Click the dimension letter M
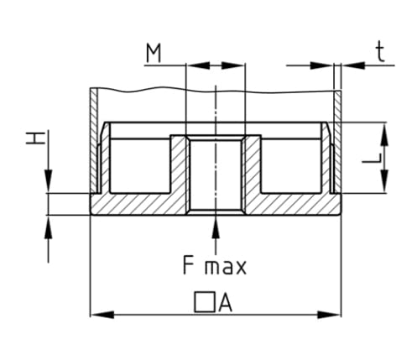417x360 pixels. [154, 54]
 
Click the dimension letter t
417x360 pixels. [380, 53]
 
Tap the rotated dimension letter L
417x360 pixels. [372, 158]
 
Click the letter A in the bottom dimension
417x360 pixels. [225, 303]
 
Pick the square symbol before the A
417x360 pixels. [205, 302]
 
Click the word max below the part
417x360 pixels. [226, 268]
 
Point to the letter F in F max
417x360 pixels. [188, 265]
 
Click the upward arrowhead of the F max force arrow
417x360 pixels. [216, 227]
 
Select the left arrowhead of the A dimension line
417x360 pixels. [102, 315]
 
